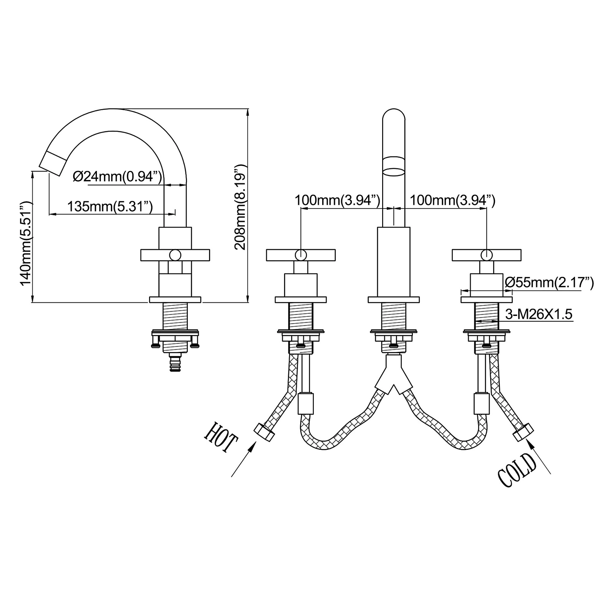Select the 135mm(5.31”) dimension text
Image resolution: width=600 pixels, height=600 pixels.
point(110,206)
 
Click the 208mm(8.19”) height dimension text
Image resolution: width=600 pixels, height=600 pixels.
point(241,207)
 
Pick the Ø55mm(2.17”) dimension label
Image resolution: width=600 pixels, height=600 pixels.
point(549,283)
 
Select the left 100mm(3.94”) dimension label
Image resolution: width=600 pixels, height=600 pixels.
point(337,200)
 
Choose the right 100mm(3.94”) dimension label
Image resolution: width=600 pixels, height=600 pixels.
point(452,200)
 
